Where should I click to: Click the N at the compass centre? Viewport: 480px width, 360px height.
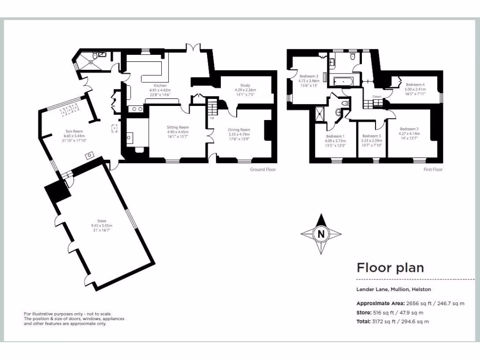[x=321, y=233]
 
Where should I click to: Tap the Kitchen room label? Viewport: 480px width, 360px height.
[x=159, y=85]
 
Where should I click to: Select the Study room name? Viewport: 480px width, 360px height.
[x=245, y=85]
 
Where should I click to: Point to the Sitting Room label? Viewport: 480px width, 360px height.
[x=178, y=127]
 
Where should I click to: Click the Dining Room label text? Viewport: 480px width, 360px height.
[x=239, y=129]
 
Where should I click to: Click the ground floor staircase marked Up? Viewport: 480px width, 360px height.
[x=212, y=109]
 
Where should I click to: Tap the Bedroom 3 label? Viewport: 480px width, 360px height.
[x=309, y=76]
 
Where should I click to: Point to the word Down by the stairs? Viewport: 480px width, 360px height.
[x=376, y=97]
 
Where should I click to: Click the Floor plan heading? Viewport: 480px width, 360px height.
[x=390, y=268]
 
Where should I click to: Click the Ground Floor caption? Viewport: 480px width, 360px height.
[x=263, y=169]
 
